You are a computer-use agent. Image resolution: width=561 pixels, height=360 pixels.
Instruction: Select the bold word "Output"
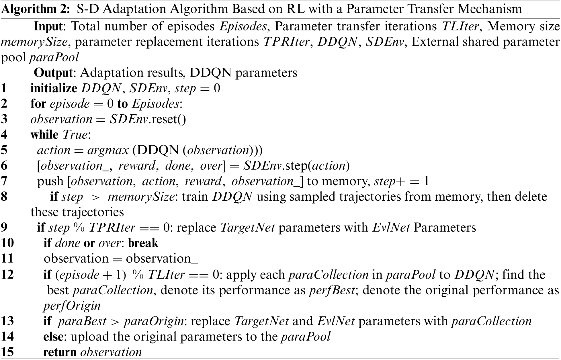53,73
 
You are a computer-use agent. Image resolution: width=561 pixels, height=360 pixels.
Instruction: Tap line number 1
4,88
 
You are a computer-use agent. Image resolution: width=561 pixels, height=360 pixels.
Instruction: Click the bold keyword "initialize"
54,88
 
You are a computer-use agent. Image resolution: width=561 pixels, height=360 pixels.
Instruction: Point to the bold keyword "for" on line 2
38,104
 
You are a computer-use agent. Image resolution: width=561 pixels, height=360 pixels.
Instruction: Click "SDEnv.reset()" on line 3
148,119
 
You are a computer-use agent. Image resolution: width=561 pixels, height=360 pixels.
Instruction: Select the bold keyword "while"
44,135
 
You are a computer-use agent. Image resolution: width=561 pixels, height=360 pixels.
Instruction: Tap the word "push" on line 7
50,181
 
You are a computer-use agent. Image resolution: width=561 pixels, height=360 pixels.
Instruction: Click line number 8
4,197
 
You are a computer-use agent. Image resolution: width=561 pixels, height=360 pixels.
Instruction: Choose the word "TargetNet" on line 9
247,228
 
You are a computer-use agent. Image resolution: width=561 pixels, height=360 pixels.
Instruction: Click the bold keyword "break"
143,243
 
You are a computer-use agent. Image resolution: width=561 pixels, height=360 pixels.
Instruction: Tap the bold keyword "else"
53,336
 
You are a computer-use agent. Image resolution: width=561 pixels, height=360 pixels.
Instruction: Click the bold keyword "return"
60,352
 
